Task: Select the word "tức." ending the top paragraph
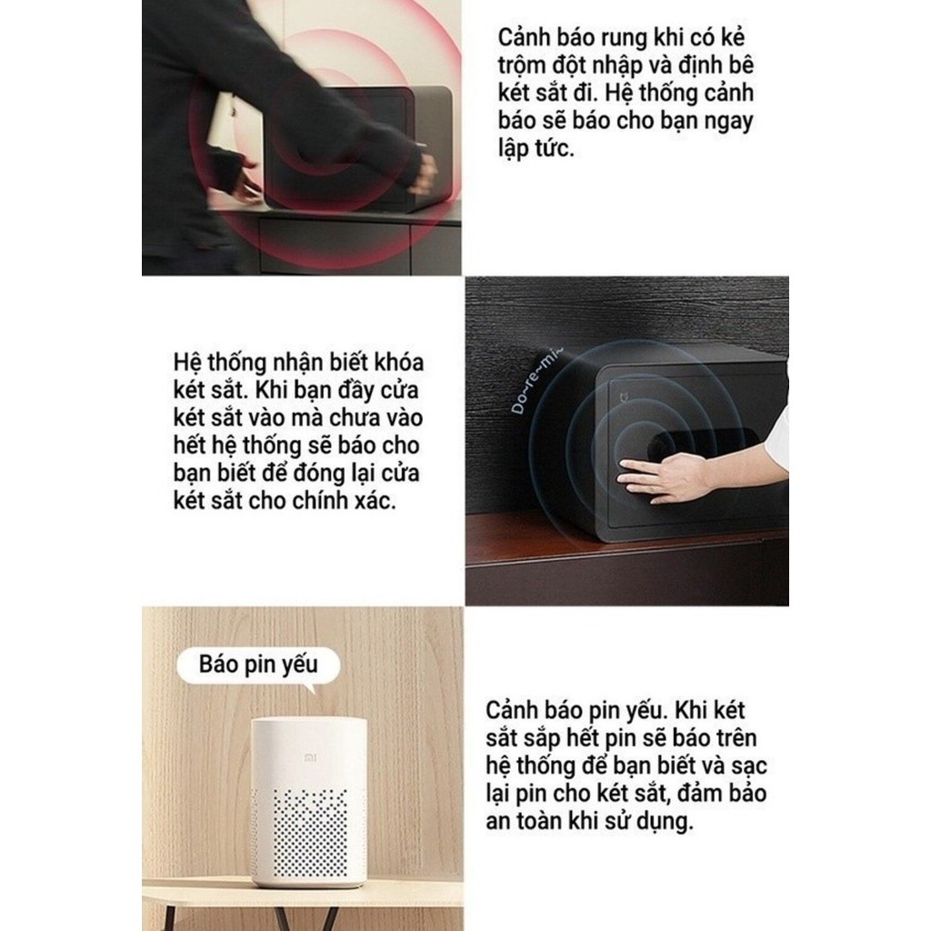pyautogui.click(x=555, y=148)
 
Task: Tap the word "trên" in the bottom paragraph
pyautogui.click(x=733, y=738)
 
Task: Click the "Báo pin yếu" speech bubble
pyautogui.click(x=259, y=665)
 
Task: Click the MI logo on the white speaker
pyautogui.click(x=311, y=757)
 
